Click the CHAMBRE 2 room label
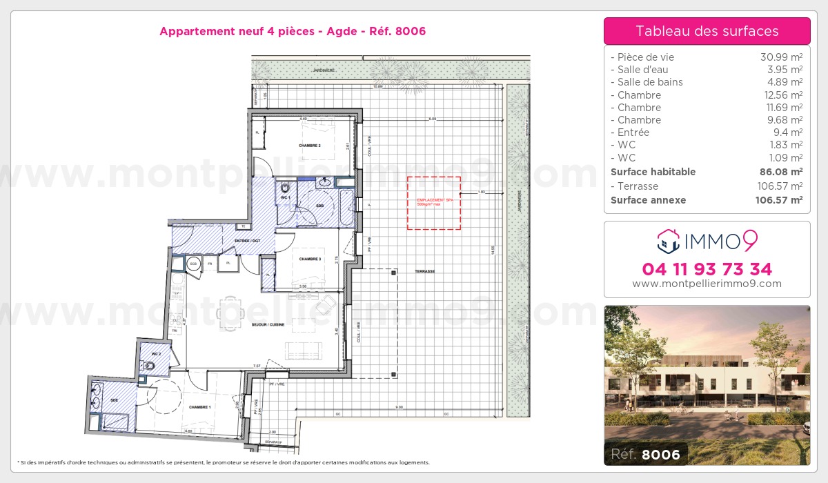310,146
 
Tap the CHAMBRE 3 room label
310,259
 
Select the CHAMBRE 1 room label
199,407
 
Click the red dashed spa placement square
433,202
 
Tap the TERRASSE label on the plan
425,271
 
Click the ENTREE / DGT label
246,240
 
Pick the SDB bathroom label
320,206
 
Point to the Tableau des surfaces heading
707,31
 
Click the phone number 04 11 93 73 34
707,269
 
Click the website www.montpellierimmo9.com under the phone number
707,284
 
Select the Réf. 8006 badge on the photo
645,454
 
